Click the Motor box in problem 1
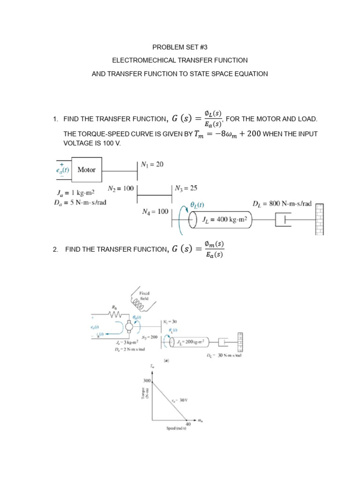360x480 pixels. pyautogui.click(x=86, y=170)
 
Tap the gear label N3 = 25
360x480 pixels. pyautogui.click(x=186, y=188)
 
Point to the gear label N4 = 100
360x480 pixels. pyautogui.click(x=155, y=212)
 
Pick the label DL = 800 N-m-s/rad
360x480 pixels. pyautogui.click(x=282, y=203)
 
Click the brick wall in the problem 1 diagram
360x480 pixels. pyautogui.click(x=320, y=220)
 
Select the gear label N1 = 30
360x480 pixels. pyautogui.click(x=171, y=322)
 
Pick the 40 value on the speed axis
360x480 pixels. pyautogui.click(x=188, y=425)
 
